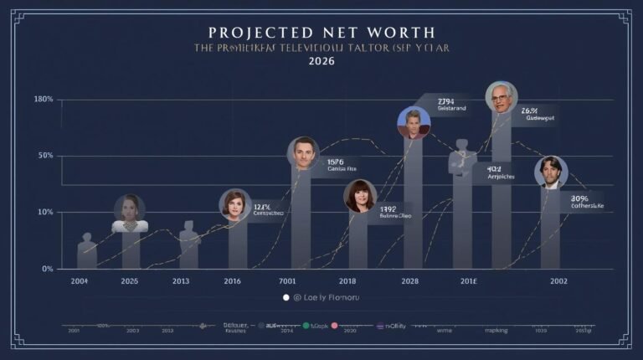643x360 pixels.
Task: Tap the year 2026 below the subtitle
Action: click(321, 62)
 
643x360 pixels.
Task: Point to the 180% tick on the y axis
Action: click(44, 100)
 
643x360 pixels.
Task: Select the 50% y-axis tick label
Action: click(45, 156)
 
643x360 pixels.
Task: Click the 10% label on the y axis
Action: click(45, 212)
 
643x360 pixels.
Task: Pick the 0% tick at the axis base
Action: click(48, 269)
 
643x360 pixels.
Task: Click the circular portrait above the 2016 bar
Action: click(235, 204)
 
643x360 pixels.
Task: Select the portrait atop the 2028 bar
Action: click(413, 122)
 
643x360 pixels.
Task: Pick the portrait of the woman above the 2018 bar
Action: click(360, 195)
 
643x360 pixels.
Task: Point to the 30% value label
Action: click(580, 198)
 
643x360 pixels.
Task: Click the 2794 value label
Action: click(445, 101)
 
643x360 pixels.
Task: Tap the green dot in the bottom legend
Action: click(306, 325)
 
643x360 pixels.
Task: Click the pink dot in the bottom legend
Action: click(334, 325)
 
